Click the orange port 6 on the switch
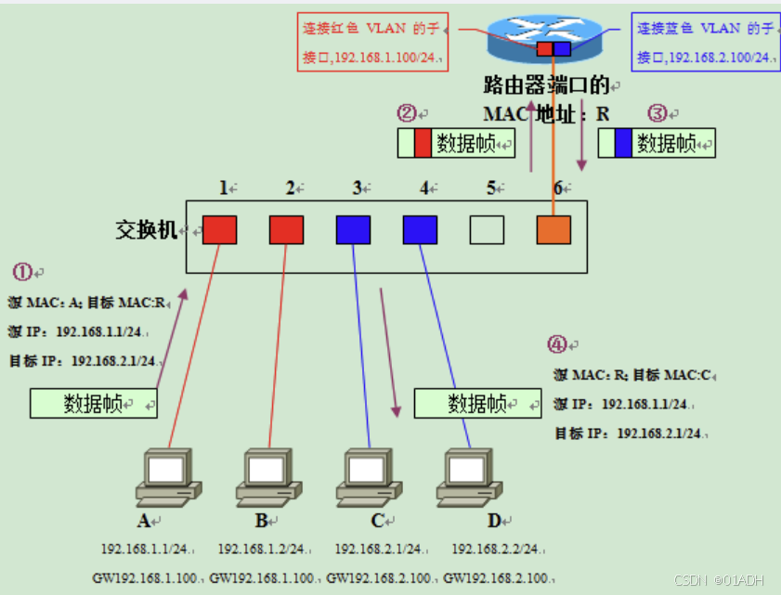(553, 229)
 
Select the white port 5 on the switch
(487, 229)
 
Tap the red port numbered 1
(219, 229)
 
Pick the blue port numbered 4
(420, 229)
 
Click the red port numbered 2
(286, 229)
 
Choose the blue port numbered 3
(353, 229)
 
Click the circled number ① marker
(22, 272)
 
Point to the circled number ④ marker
(556, 345)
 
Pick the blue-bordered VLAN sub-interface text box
(705, 42)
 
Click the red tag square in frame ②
(423, 144)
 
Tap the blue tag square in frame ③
(623, 143)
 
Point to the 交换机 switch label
(145, 230)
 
